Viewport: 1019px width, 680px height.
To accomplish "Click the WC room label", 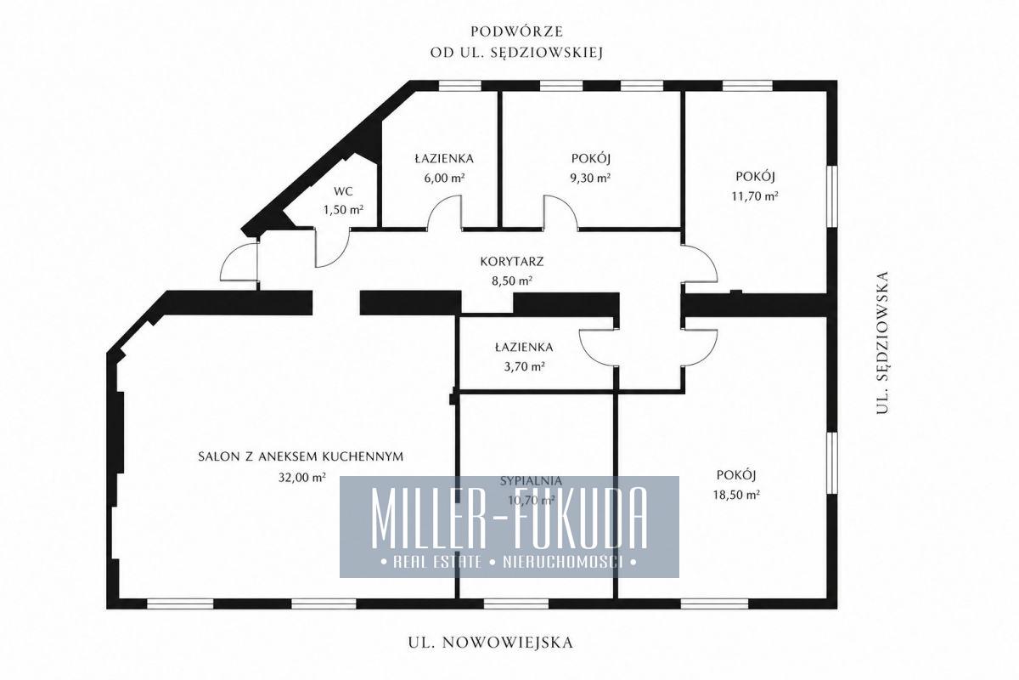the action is pyautogui.click(x=343, y=191).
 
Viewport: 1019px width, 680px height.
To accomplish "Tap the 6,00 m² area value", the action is pyautogui.click(x=444, y=178).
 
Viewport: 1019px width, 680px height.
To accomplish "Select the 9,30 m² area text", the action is pyautogui.click(x=590, y=178).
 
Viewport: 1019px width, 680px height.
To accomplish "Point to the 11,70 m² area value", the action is pyautogui.click(x=755, y=195).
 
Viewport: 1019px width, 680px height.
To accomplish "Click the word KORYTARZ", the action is pyautogui.click(x=512, y=262).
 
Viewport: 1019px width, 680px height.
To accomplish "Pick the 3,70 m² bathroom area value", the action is pyautogui.click(x=525, y=366).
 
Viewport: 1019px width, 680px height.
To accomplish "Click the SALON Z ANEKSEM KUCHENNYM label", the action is pyautogui.click(x=301, y=456).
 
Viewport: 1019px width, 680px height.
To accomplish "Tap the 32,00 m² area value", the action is pyautogui.click(x=302, y=477).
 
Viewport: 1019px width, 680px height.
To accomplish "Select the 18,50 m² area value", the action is pyautogui.click(x=736, y=495).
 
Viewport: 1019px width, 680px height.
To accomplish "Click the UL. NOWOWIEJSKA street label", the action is pyautogui.click(x=491, y=643).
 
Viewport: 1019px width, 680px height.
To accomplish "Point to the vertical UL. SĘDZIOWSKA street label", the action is pyautogui.click(x=882, y=343).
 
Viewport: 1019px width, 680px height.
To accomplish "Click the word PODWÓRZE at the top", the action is pyautogui.click(x=517, y=32).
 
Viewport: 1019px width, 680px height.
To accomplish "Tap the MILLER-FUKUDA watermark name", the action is pyautogui.click(x=509, y=518).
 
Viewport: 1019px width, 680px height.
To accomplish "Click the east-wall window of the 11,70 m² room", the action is pyautogui.click(x=832, y=196).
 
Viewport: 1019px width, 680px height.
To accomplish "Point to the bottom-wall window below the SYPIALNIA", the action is pyautogui.click(x=516, y=604).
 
